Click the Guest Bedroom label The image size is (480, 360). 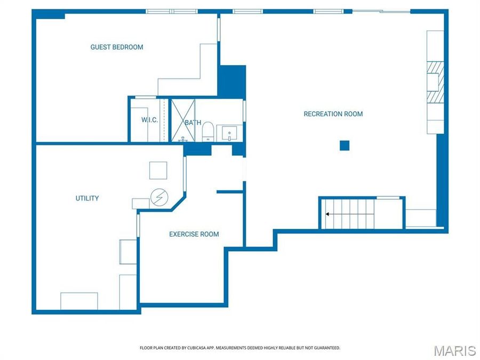pyautogui.click(x=117, y=47)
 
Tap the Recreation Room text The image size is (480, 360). pyautogui.click(x=333, y=114)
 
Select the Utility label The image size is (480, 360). pyautogui.click(x=87, y=198)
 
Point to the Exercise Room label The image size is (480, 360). pyautogui.click(x=194, y=234)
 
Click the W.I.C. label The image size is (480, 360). pyautogui.click(x=150, y=119)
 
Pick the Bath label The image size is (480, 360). pyautogui.click(x=193, y=123)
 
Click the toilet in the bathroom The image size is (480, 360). pyautogui.click(x=208, y=131)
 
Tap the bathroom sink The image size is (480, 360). pyautogui.click(x=229, y=134)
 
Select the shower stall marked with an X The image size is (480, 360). pyautogui.click(x=183, y=121)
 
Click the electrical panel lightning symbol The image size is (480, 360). pyautogui.click(x=159, y=197)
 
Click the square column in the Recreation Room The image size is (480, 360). pyautogui.click(x=345, y=146)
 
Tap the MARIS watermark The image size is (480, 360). pyautogui.click(x=454, y=350)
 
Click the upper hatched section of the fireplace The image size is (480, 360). pyautogui.click(x=436, y=67)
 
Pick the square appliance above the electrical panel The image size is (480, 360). pyautogui.click(x=158, y=170)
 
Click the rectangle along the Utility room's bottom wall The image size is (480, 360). pyautogui.click(x=79, y=301)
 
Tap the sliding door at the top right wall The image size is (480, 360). pyautogui.click(x=381, y=12)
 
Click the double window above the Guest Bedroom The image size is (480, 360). pyautogui.click(x=171, y=12)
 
